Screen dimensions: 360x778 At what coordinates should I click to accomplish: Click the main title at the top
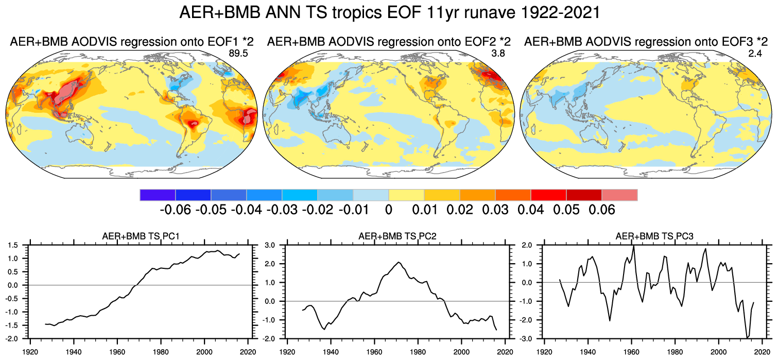[x=389, y=13]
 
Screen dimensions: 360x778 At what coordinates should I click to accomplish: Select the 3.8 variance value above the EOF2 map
[x=498, y=52]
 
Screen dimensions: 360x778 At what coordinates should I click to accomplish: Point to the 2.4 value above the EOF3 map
[x=755, y=52]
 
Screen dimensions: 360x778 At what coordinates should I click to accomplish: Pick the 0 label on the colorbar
[x=389, y=210]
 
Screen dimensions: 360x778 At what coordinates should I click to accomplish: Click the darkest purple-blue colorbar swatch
[x=158, y=195]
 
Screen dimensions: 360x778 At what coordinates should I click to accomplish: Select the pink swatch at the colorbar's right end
[x=619, y=195]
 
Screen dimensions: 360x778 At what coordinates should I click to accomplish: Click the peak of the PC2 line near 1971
[x=399, y=263]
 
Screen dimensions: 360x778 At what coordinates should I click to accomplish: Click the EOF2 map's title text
[x=389, y=41]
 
